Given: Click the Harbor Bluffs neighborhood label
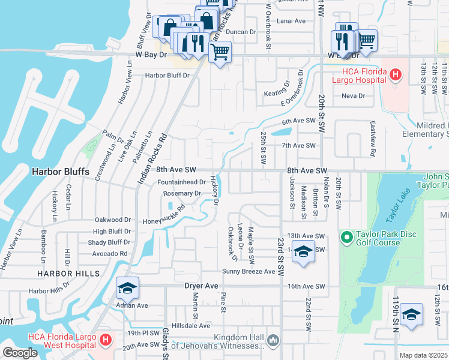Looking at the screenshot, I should pos(60,172).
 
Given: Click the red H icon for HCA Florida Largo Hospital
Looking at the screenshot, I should pos(395,74).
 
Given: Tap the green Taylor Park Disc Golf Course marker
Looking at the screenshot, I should pos(346,238).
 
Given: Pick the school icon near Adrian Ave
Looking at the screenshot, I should pos(127,289).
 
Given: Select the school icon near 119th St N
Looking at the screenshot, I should pos(411,315).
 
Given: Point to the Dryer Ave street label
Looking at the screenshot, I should pos(200,287).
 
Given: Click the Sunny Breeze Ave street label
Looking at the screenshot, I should pos(249,271).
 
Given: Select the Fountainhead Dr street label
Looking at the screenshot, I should pos(181,182).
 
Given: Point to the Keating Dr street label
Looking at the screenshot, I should pos(277,94).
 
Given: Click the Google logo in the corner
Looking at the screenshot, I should pos(20,353).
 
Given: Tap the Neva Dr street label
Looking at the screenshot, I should pos(353,95).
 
